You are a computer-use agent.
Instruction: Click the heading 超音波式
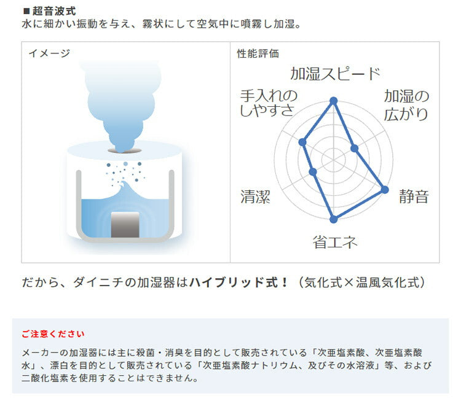coord(54,11)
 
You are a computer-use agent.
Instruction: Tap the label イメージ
coord(49,53)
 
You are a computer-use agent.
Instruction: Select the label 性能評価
coord(258,53)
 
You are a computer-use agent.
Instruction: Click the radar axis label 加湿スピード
coord(335,74)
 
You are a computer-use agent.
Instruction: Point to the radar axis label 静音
coord(414,196)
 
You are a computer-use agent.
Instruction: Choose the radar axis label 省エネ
coord(335,242)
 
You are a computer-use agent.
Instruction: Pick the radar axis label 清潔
coord(255,196)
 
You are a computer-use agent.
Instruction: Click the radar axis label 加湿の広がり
coord(406,105)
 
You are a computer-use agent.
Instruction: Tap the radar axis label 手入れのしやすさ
coord(269,103)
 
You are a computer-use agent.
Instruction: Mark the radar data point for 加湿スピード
coord(333,101)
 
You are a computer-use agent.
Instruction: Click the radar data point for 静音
coord(385,190)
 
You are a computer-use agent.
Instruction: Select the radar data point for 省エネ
coord(333,219)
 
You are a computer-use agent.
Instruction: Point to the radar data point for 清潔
coord(313,172)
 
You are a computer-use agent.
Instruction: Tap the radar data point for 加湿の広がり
coord(354,149)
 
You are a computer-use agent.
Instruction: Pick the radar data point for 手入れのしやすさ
coord(302,142)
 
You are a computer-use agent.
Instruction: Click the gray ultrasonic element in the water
coord(125,225)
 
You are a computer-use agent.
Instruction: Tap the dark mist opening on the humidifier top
coord(125,150)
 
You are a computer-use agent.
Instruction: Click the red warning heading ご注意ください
coord(53,334)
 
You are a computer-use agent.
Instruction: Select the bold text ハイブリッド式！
coord(238,282)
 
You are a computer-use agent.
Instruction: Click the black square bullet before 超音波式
coord(26,12)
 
